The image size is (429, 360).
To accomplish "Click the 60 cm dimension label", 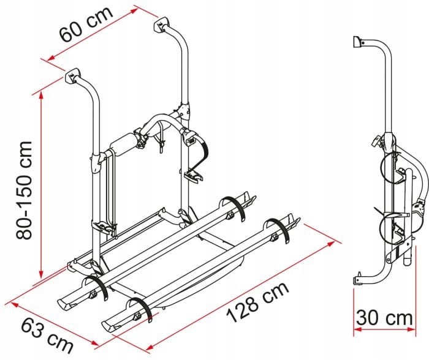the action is [86, 24].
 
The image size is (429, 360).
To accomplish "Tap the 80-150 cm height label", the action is [24, 190].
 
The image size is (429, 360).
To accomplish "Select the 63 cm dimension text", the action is [47, 337].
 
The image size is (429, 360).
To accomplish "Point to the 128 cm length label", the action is [257, 302].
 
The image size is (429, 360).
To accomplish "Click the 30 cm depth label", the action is [384, 318].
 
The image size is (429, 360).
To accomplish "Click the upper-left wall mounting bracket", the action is [73, 75].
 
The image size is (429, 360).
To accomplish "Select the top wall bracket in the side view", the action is [357, 42].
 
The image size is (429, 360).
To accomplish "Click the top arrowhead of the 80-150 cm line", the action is [41, 94].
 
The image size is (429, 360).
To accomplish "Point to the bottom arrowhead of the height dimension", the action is [41, 274].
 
